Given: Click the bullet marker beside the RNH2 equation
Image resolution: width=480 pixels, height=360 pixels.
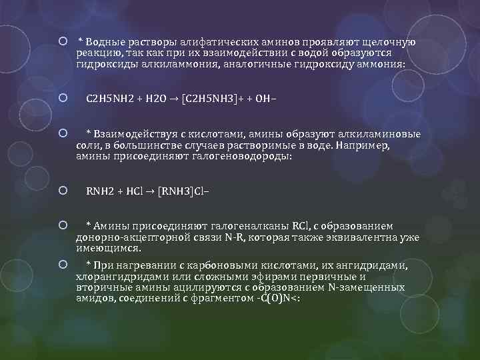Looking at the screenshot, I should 62,191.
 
